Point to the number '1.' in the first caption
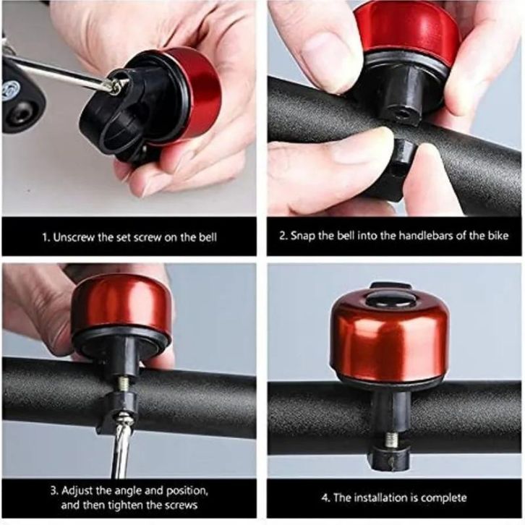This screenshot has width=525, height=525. [x=46, y=237]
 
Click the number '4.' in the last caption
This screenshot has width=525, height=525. [x=326, y=498]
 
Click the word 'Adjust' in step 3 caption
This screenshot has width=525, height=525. [x=77, y=490]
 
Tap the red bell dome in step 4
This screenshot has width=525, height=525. [x=390, y=338]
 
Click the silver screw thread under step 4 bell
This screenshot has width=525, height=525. [x=390, y=439]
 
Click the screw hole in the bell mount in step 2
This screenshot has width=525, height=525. [x=404, y=114]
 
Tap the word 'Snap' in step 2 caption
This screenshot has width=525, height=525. [x=303, y=236]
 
